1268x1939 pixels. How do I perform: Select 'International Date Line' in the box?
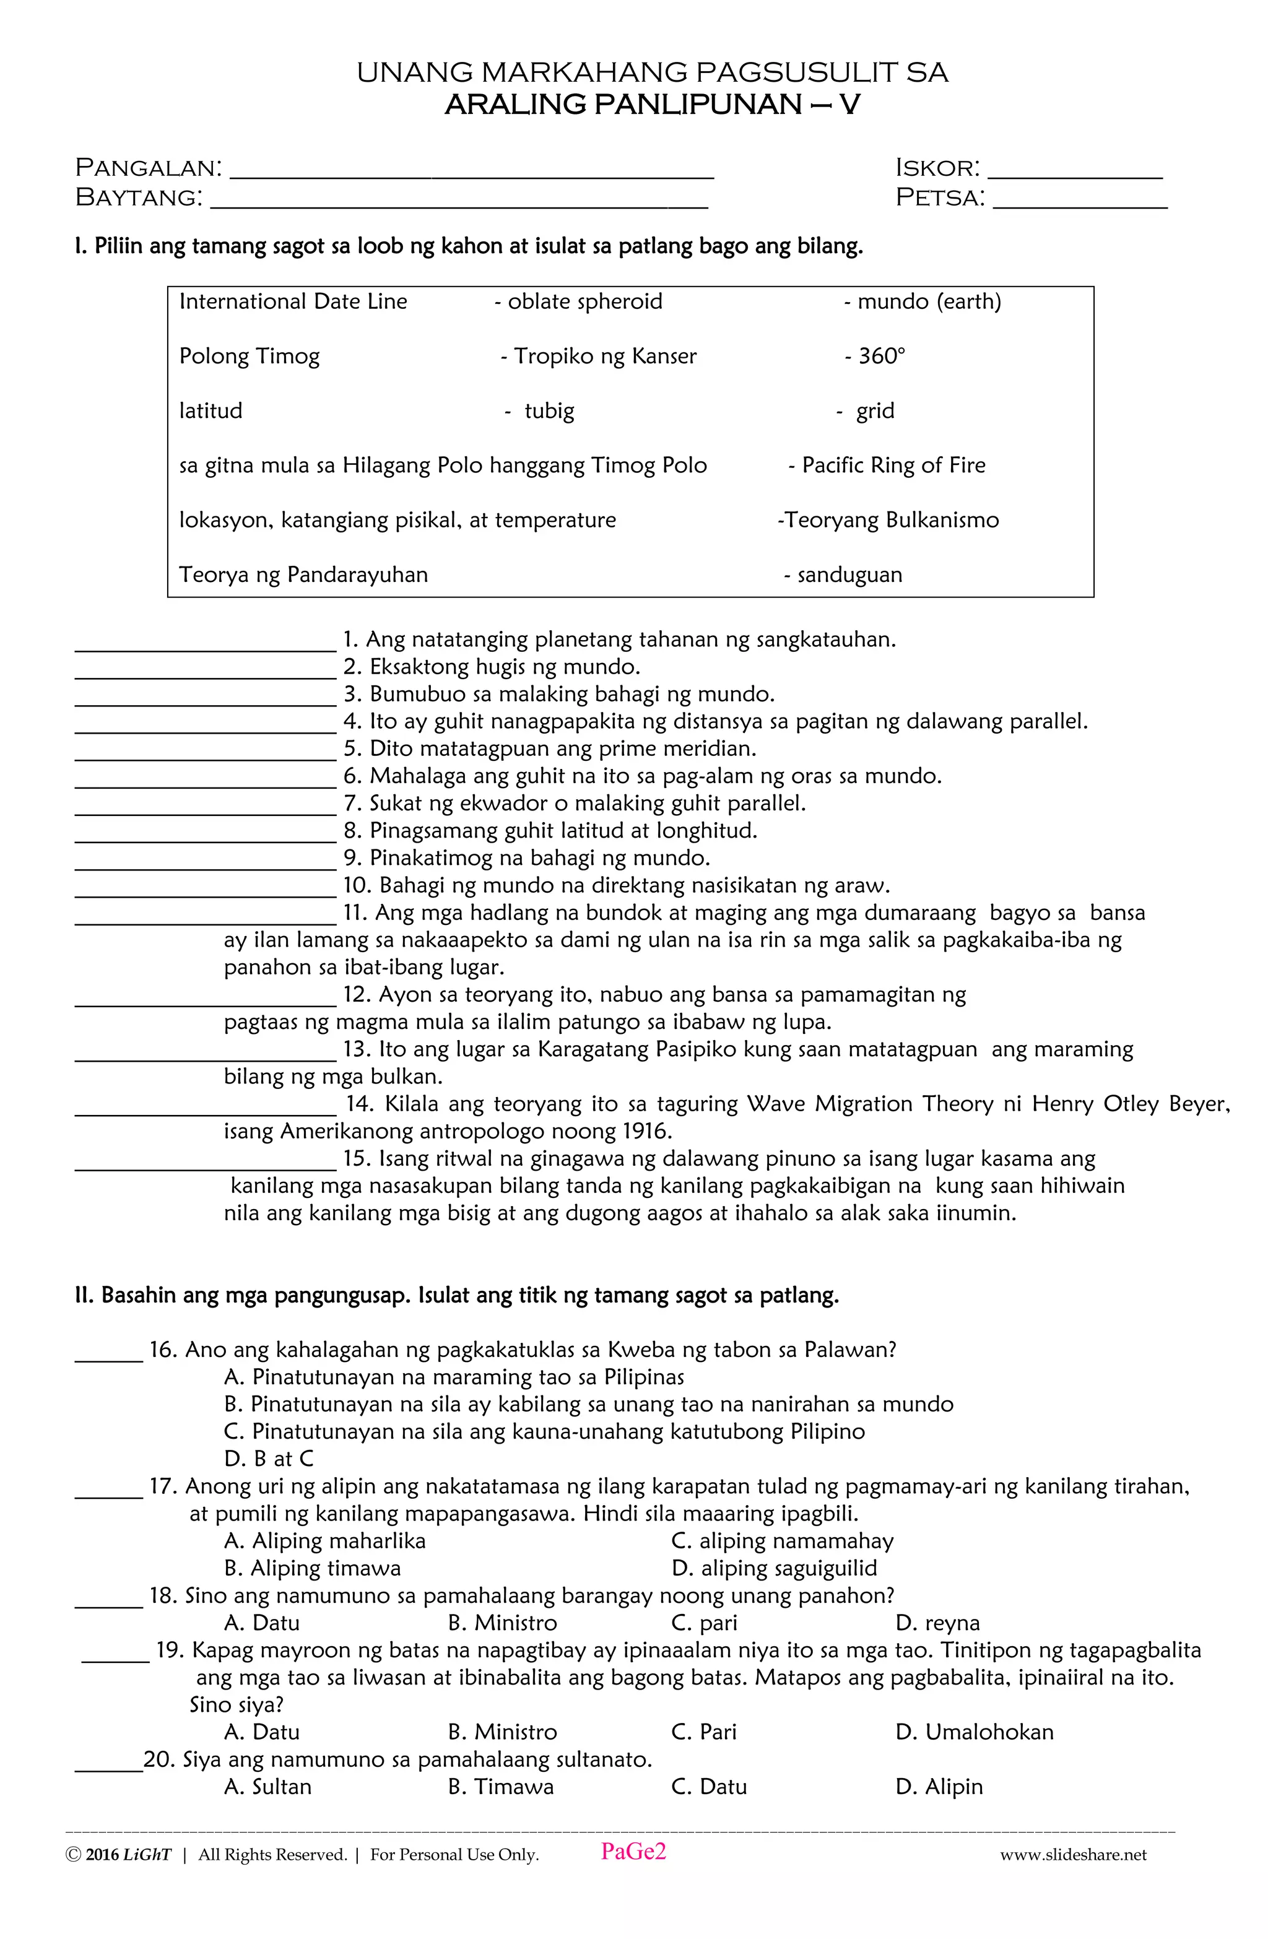[x=293, y=302]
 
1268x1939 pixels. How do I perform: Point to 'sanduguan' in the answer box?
[x=848, y=575]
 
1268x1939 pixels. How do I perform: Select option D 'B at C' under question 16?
[x=269, y=1459]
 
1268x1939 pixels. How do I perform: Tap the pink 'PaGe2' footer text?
[x=633, y=1852]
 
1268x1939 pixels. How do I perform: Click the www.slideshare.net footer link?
[x=1072, y=1855]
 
